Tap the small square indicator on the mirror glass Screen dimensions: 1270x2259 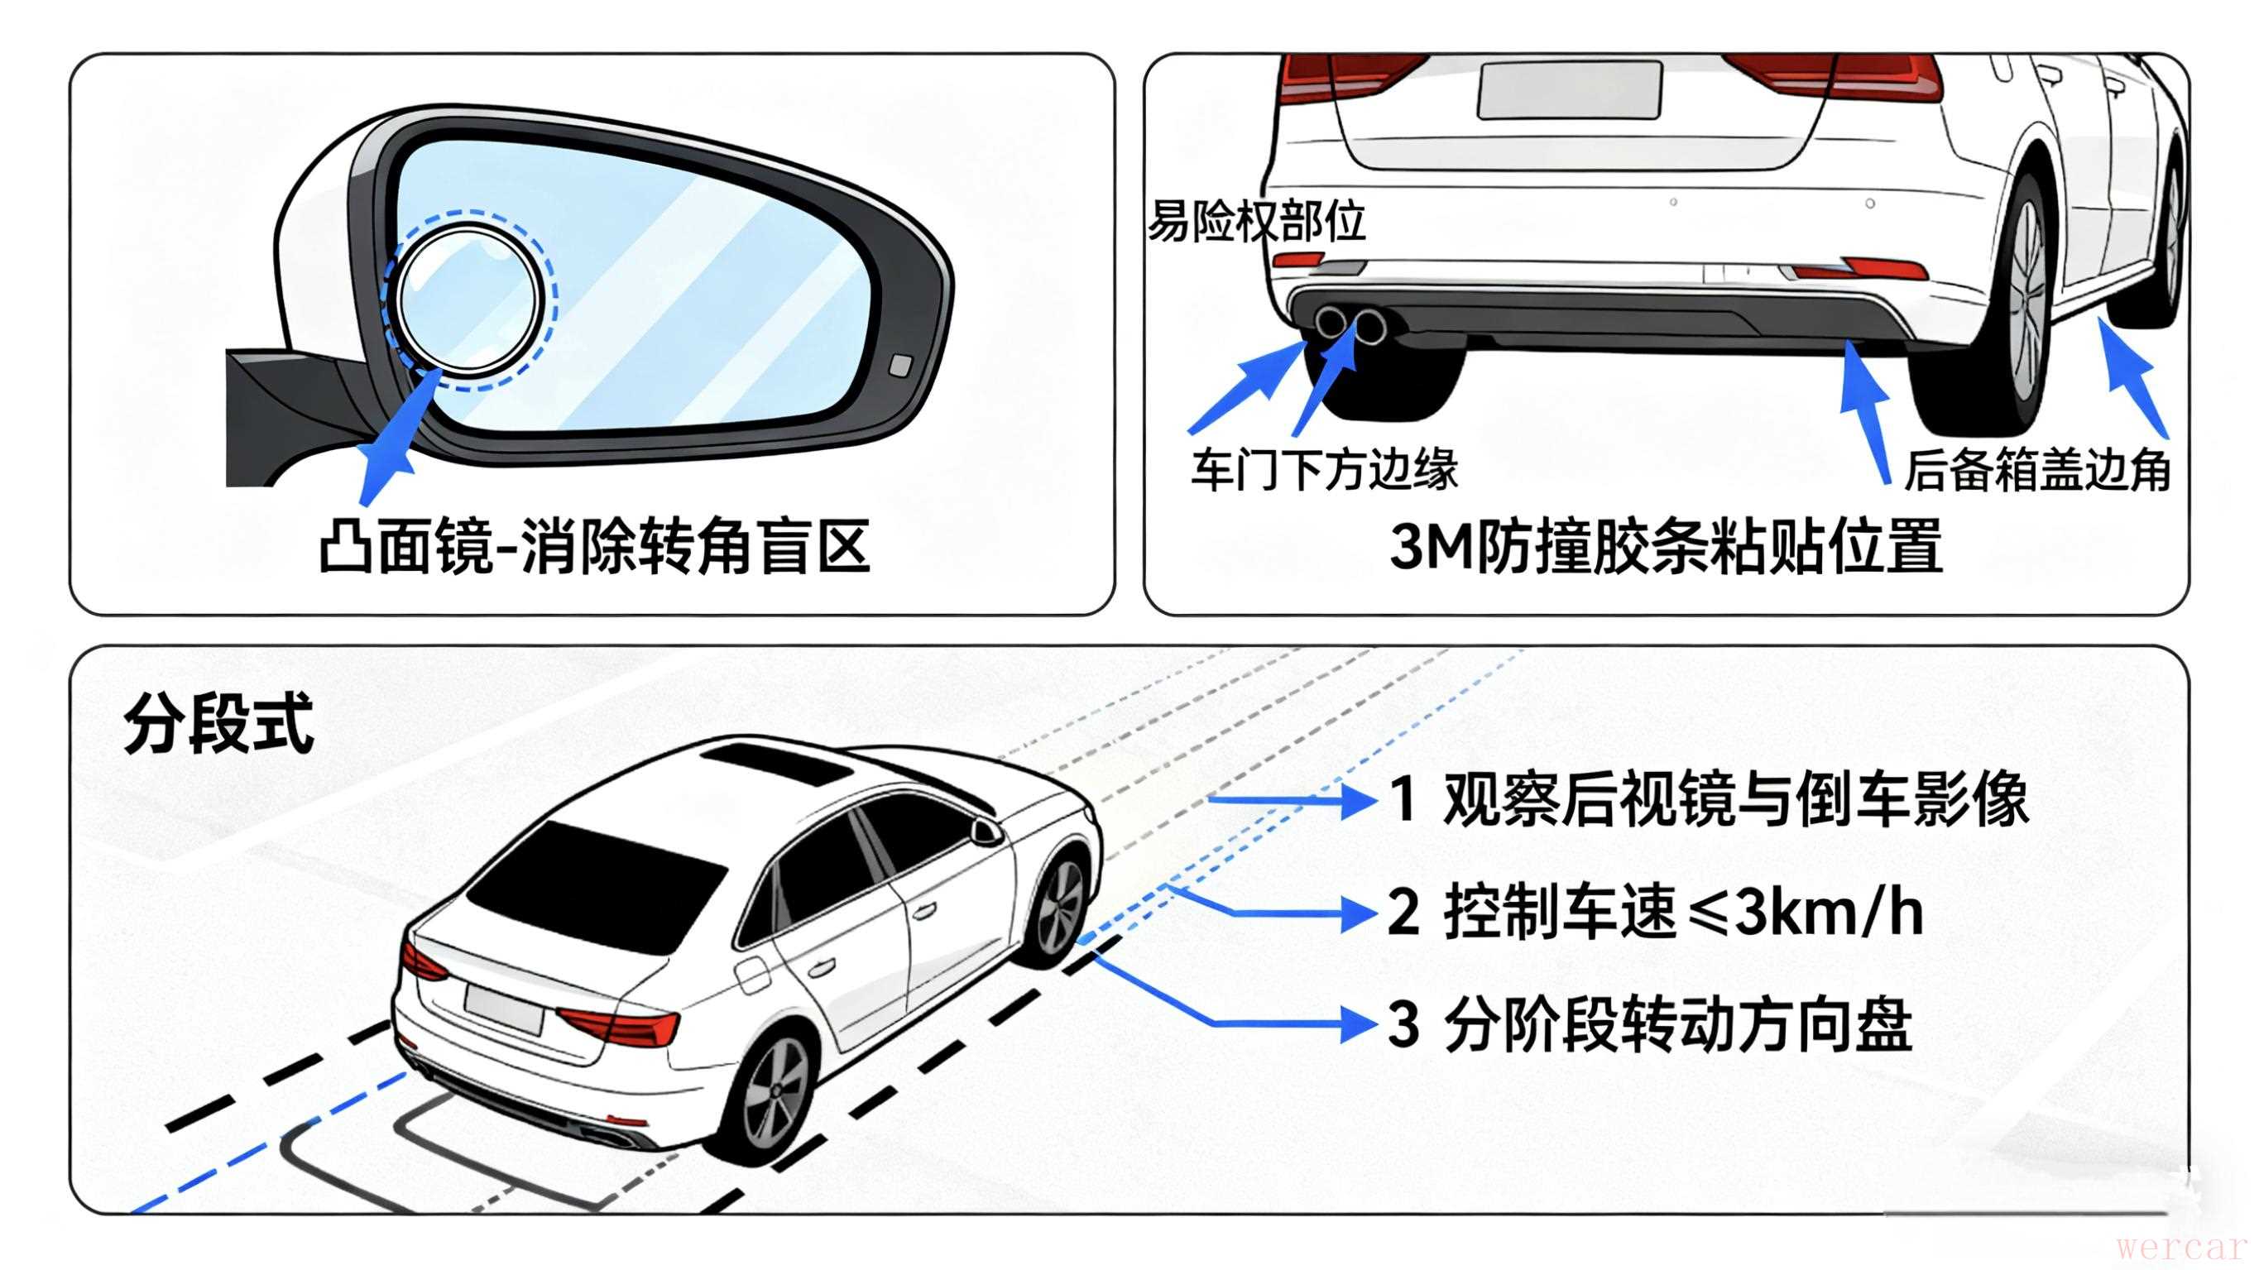click(x=900, y=366)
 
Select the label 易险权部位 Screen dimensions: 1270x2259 click(x=1257, y=221)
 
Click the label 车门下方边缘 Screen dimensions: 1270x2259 click(x=1324, y=469)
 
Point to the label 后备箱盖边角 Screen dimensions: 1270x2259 click(x=2036, y=470)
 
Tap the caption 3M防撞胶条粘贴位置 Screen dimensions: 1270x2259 click(x=1667, y=546)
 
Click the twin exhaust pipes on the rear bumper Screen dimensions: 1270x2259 click(x=1350, y=324)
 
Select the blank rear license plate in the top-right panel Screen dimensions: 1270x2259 click(x=1569, y=89)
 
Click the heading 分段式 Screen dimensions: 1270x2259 click(x=219, y=725)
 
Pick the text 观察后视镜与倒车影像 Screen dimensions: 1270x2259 click(x=1735, y=800)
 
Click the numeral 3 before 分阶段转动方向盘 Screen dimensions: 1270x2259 click(x=1403, y=1023)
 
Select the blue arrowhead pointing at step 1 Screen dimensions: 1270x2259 click(x=1358, y=800)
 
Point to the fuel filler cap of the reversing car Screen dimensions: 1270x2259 click(x=752, y=975)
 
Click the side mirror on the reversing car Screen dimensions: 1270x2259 click(x=986, y=830)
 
